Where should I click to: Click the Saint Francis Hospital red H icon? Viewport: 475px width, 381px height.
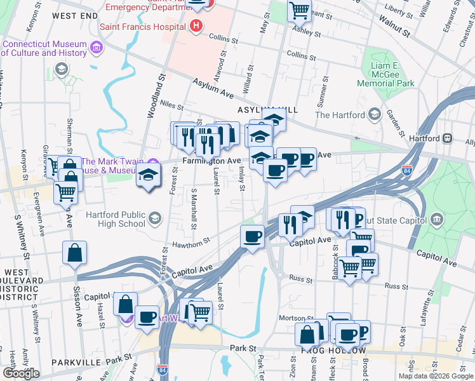pos(196,27)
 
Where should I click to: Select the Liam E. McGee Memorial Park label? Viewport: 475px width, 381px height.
pos(385,74)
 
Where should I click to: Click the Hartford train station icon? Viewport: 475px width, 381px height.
pos(448,138)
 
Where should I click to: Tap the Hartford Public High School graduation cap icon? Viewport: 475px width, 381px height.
pos(154,220)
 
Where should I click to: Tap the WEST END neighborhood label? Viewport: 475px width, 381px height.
pos(75,15)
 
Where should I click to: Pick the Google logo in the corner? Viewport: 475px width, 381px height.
pos(21,373)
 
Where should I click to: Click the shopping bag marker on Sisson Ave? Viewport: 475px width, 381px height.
pos(75,253)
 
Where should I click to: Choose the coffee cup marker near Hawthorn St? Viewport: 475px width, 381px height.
pos(252,237)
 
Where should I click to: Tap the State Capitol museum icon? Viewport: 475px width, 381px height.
pos(438,220)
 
